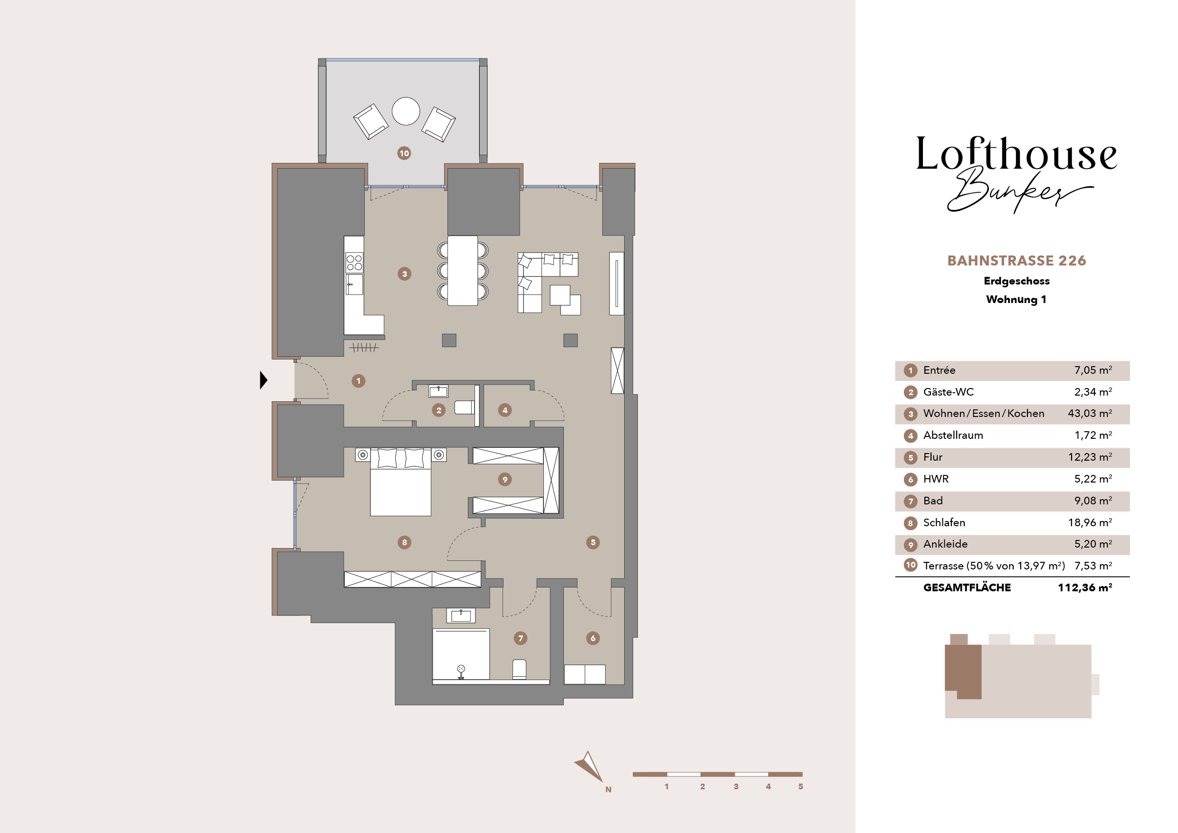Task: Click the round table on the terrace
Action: [x=406, y=111]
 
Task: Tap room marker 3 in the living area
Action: [x=404, y=274]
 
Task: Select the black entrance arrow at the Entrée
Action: [x=264, y=380]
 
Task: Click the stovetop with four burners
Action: [x=354, y=263]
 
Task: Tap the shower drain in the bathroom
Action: [x=461, y=668]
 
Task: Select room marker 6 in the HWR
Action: [x=593, y=638]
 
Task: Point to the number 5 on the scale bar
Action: [x=800, y=786]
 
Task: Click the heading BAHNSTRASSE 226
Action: [x=1016, y=261]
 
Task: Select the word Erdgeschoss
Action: [x=1016, y=281]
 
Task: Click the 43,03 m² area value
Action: [x=1090, y=414]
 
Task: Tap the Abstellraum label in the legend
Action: [x=953, y=435]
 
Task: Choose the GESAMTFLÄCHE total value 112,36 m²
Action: [x=1084, y=587]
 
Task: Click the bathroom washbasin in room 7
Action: [x=461, y=615]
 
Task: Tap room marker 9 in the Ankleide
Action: [x=505, y=480]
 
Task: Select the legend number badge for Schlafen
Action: [x=910, y=523]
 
